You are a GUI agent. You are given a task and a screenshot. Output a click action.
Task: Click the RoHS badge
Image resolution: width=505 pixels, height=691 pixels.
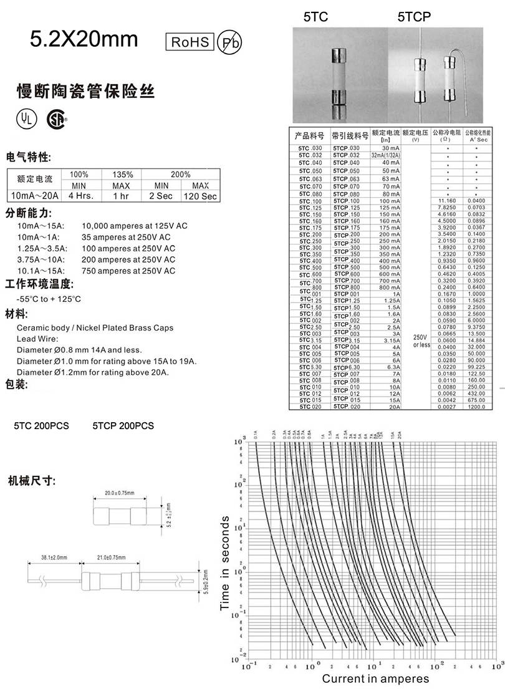tap(190, 42)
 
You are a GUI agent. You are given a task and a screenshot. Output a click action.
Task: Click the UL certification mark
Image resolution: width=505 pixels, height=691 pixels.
tap(26, 118)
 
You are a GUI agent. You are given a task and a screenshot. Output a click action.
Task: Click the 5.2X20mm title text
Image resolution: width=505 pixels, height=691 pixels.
tap(84, 39)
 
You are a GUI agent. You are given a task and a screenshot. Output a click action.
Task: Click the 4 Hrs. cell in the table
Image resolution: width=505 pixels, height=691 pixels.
tap(79, 196)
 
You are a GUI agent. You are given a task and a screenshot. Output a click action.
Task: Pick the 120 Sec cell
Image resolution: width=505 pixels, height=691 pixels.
tap(200, 196)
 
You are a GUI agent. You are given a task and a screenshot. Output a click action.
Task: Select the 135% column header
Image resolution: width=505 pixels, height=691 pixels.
tap(122, 175)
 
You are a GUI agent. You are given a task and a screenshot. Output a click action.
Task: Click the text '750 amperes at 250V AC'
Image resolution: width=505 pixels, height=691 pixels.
tap(128, 271)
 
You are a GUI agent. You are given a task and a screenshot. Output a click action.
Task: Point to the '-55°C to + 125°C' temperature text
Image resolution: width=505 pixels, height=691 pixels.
tap(49, 299)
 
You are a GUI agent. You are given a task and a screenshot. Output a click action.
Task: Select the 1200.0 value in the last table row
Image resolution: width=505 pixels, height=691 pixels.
tap(478, 407)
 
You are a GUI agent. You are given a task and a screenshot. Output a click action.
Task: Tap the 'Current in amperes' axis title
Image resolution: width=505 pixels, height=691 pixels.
tap(375, 679)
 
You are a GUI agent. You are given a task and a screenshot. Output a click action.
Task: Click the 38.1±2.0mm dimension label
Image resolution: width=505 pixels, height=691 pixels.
tap(54, 557)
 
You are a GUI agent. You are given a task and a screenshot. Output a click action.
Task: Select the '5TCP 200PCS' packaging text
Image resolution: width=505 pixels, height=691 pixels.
tap(123, 426)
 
